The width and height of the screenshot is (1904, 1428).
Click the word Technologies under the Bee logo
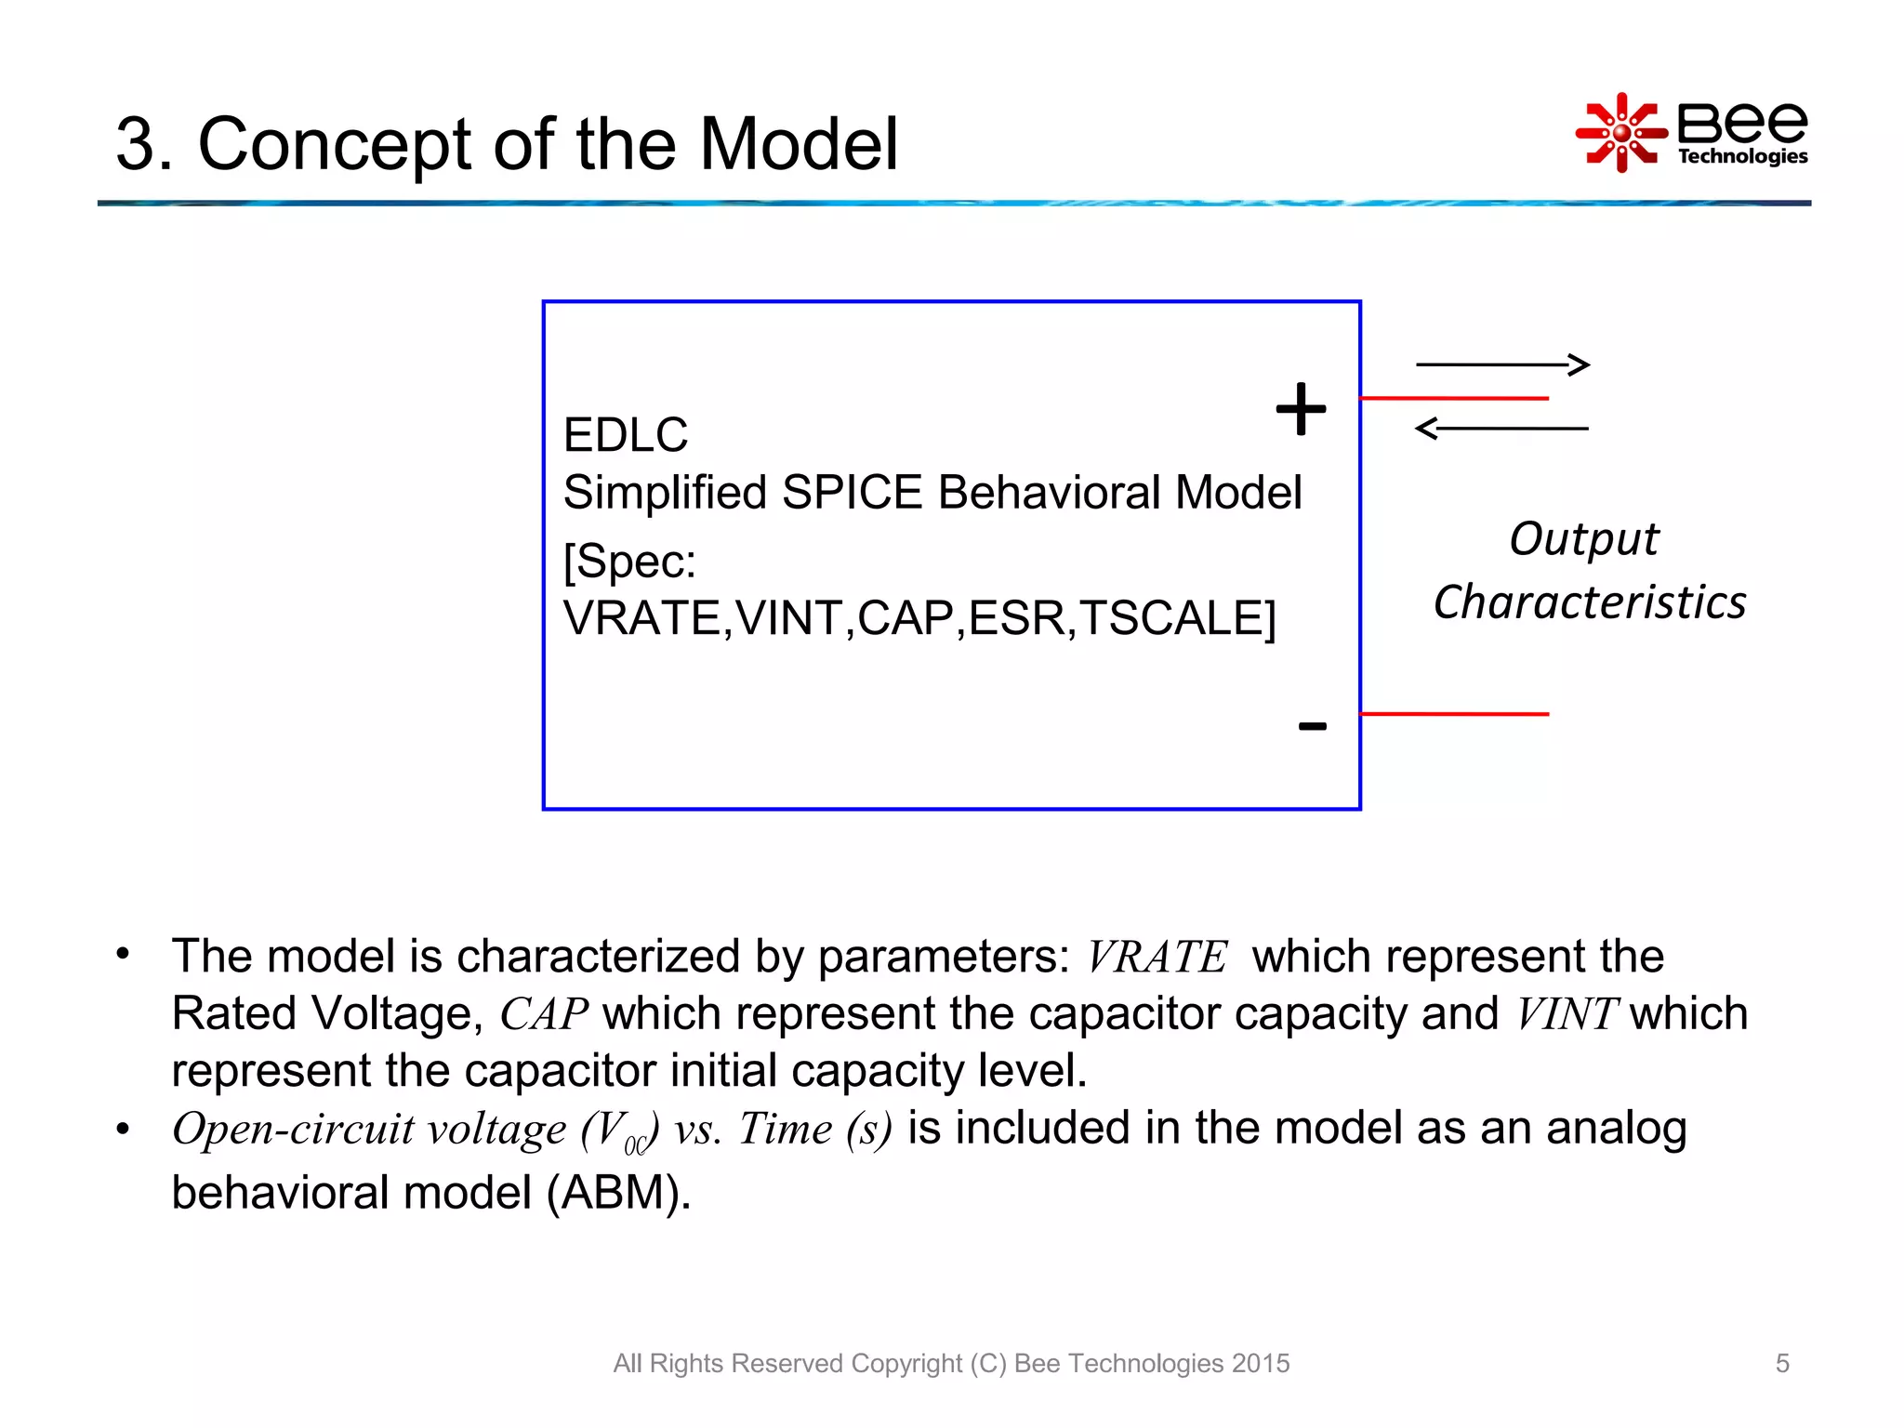coord(1742,156)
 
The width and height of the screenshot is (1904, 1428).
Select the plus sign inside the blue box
coord(1301,408)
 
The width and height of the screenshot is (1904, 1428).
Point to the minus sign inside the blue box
coord(1312,726)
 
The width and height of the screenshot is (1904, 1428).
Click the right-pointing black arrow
coord(1502,364)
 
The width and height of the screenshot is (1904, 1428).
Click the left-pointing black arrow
coord(1501,429)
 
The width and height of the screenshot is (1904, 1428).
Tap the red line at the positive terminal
coord(1454,398)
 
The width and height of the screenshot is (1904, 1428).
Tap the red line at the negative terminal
coord(1454,714)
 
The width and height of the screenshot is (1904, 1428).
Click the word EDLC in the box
coord(626,435)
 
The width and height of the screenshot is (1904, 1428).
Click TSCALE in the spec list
coord(1177,618)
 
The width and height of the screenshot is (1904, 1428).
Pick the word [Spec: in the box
coord(629,561)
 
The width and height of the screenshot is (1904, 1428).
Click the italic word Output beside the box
coord(1583,539)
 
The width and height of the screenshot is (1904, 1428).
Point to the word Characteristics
coord(1589,602)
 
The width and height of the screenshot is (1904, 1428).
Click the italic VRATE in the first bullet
coord(1157,958)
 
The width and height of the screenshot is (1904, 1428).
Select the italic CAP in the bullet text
coord(544,1014)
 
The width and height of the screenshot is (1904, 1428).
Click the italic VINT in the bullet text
coord(1567,1014)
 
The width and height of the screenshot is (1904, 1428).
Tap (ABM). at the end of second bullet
coord(618,1193)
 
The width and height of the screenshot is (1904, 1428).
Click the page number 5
coord(1781,1363)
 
